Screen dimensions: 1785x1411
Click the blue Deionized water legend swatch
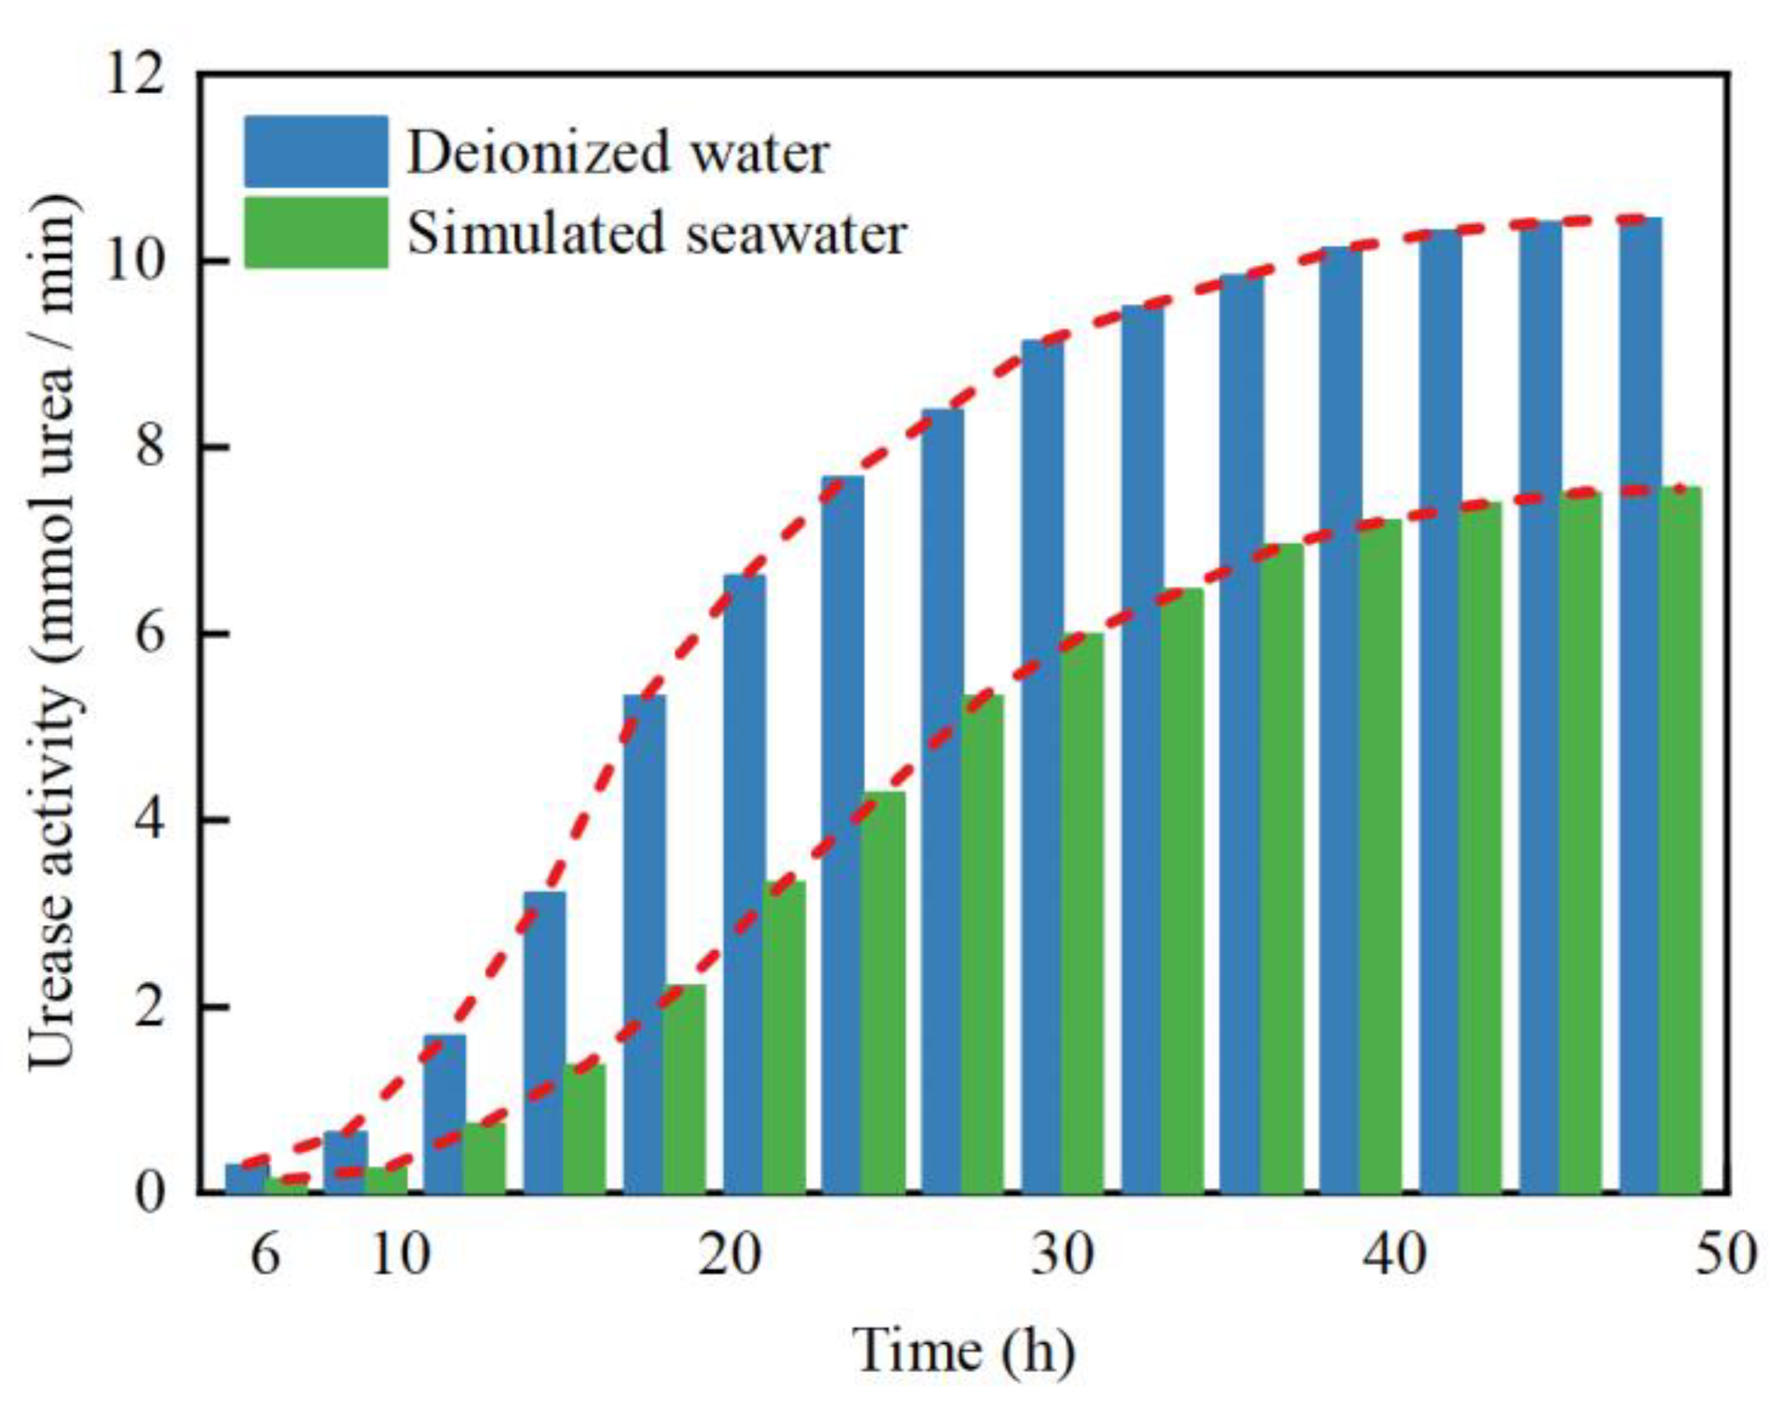pos(316,151)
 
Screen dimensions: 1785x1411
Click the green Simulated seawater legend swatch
pos(316,232)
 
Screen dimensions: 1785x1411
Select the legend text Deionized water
pos(617,153)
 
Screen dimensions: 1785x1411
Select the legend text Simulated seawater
pos(657,233)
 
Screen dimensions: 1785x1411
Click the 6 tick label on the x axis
pos(263,1256)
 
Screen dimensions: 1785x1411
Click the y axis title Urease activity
pos(54,633)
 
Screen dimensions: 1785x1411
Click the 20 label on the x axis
pos(729,1256)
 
